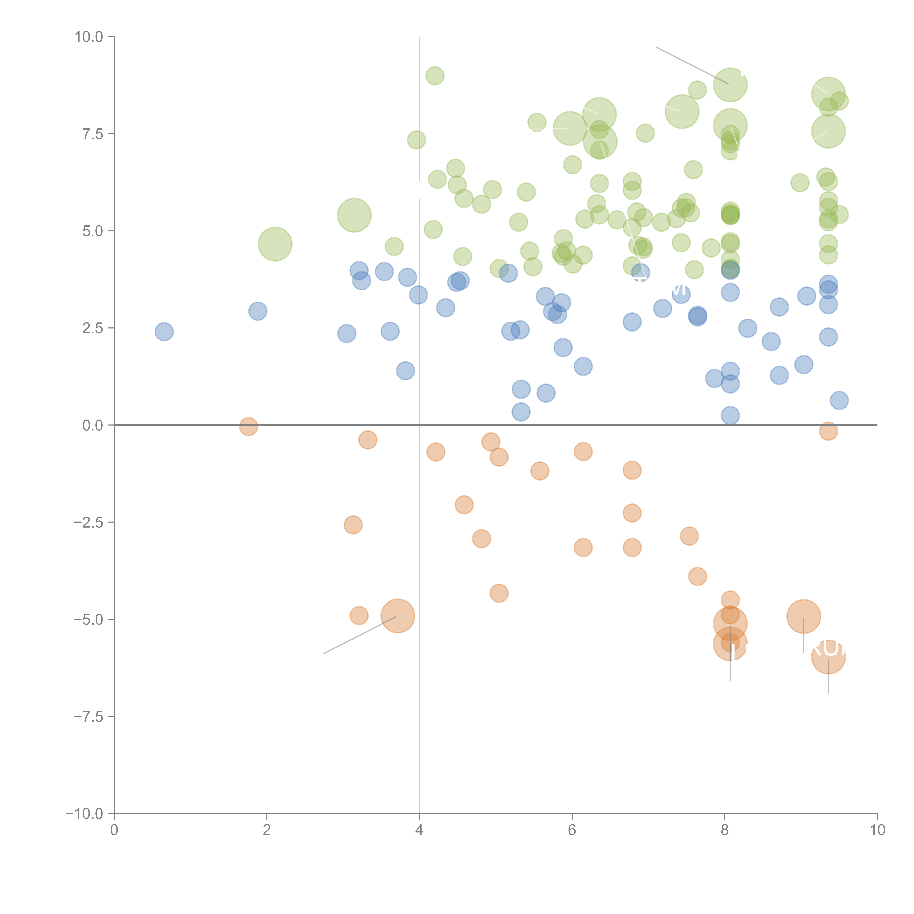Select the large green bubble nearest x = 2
pyautogui.click(x=275, y=244)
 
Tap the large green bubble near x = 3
pyautogui.click(x=354, y=215)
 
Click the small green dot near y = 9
pyautogui.click(x=435, y=76)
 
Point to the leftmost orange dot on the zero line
pyautogui.click(x=248, y=426)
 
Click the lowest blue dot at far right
pyautogui.click(x=839, y=400)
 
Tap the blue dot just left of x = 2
pyautogui.click(x=257, y=311)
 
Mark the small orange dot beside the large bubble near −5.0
pyautogui.click(x=359, y=615)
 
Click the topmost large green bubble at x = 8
pyautogui.click(x=730, y=85)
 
